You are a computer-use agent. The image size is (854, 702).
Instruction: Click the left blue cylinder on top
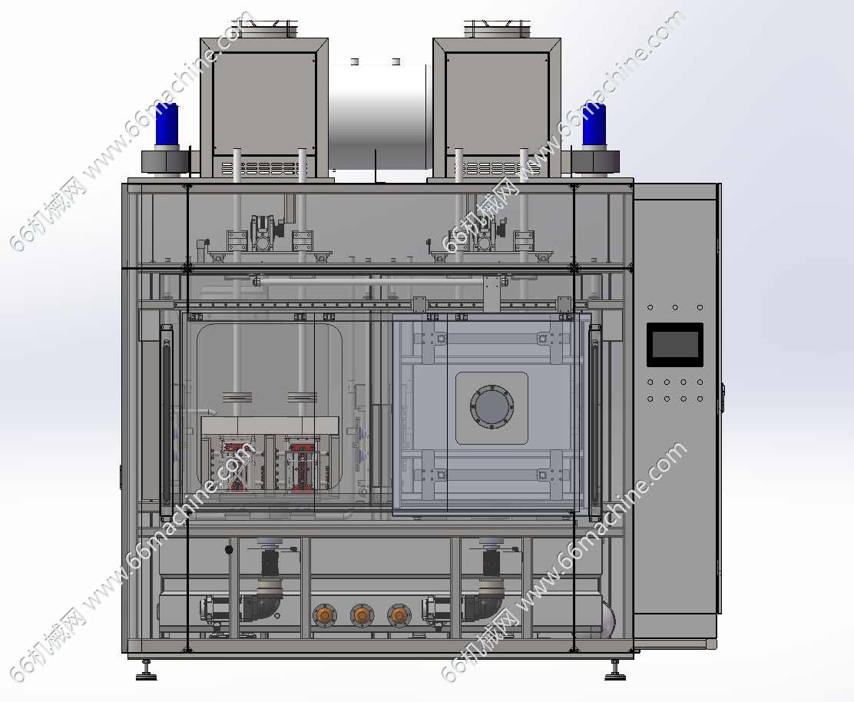[167, 124]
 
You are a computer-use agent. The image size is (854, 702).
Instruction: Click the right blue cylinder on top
[594, 124]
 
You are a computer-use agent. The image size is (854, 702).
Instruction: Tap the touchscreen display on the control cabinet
[675, 345]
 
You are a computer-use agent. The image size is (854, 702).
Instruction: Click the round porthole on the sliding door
[492, 407]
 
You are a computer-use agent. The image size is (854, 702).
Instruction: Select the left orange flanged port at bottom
[325, 615]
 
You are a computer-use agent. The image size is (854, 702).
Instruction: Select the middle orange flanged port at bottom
[362, 615]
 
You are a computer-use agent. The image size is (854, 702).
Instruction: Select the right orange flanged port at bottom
[399, 615]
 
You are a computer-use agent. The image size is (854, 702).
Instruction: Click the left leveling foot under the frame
[146, 671]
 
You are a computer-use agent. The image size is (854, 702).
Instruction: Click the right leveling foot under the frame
[615, 671]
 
